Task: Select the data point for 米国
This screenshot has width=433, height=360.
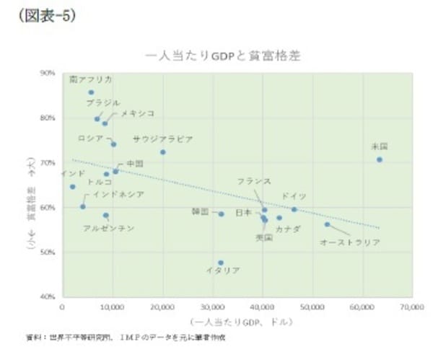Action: (x=379, y=159)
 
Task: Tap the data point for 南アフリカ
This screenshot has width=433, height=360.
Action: (x=91, y=92)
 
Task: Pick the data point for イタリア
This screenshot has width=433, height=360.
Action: (x=220, y=263)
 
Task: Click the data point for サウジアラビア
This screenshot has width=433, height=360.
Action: (x=163, y=152)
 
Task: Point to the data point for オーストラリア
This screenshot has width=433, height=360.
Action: (x=327, y=224)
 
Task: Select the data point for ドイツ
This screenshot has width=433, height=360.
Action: (x=294, y=209)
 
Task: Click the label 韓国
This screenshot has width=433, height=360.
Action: (x=200, y=212)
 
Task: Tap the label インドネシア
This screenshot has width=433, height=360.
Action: (x=118, y=195)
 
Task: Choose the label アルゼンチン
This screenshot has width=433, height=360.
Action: (x=108, y=229)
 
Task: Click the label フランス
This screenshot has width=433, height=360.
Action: (x=254, y=181)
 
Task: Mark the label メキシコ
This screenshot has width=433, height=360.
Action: (x=137, y=114)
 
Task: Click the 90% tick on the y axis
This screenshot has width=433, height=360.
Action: (x=48, y=73)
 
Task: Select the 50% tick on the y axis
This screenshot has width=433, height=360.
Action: (x=48, y=253)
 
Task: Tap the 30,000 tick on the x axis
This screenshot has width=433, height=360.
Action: (x=213, y=306)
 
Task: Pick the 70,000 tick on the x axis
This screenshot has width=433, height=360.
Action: (x=411, y=306)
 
